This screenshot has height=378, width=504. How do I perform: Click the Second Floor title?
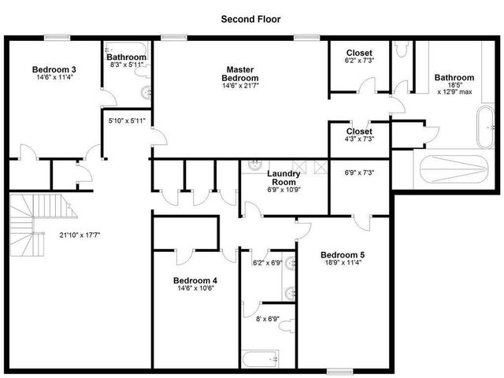pos(250,19)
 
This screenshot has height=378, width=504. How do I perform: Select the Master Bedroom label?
pos(239,73)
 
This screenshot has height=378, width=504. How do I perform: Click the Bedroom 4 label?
pos(195,280)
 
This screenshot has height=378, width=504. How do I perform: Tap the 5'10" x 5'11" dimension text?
pos(127,120)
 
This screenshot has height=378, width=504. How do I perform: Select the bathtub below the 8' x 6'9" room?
pos(261,359)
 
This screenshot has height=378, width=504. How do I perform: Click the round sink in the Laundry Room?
pos(255,165)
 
